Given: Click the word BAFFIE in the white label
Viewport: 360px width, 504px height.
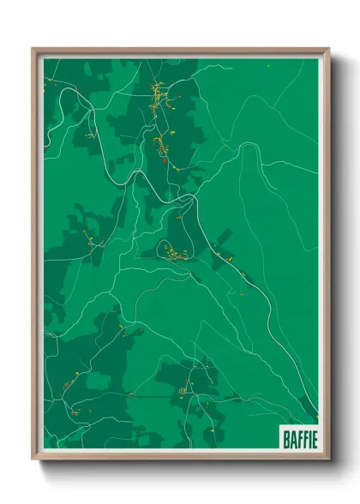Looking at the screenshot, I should (299, 439).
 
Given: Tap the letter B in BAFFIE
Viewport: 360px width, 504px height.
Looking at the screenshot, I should (286, 439).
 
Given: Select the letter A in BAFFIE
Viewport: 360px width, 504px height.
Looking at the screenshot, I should (292, 439).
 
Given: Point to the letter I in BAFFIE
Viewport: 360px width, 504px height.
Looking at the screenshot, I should (308, 439).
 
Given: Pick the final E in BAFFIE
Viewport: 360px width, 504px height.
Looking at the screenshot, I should (313, 439).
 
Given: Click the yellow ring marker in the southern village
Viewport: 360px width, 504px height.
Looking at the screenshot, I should (182, 390).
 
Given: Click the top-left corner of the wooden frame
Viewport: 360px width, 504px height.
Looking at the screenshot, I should (33, 49).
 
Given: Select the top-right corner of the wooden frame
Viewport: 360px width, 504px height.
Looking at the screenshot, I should (330, 49).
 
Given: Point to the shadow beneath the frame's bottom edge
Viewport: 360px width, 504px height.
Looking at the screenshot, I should (182, 468).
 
